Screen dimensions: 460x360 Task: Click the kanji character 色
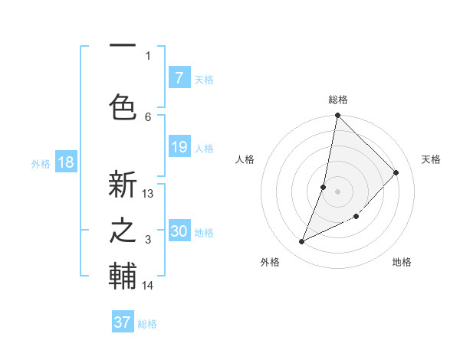[123, 106]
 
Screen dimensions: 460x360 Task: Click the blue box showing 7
[179, 78]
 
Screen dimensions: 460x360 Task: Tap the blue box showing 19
[179, 147]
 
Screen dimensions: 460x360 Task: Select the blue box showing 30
[179, 231]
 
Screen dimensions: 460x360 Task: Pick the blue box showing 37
[123, 322]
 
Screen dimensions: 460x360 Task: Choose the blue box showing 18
[65, 162]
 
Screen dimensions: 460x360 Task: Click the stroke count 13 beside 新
[148, 194]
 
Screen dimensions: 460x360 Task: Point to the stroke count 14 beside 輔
[148, 286]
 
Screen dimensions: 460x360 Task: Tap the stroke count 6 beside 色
[148, 116]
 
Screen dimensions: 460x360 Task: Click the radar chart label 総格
[338, 100]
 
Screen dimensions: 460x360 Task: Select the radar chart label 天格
[431, 159]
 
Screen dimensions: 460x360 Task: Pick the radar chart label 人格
[245, 159]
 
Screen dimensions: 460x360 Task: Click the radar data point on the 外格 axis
[302, 241]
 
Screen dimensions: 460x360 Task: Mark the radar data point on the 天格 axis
[396, 172]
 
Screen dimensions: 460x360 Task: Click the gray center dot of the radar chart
[338, 191]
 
